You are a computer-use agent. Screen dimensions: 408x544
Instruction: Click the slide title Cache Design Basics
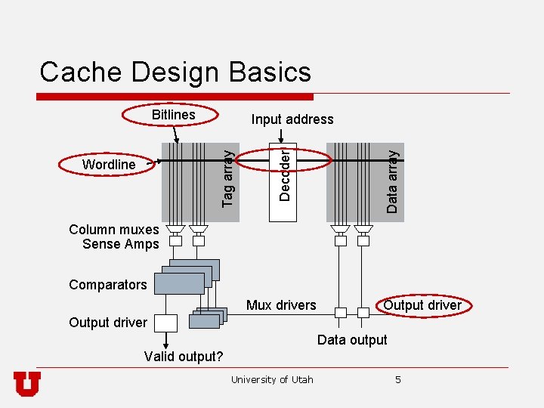click(175, 72)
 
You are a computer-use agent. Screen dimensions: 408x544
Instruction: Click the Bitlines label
click(173, 115)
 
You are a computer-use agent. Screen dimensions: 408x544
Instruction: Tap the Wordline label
click(109, 165)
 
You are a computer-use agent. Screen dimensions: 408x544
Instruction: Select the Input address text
click(292, 119)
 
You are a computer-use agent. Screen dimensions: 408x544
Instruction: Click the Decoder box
click(283, 174)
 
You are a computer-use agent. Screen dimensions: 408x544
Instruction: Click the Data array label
click(391, 179)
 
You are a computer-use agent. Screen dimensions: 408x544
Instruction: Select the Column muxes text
click(114, 230)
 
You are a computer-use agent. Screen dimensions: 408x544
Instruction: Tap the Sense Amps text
click(121, 244)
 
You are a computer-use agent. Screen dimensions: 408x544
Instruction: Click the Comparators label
click(107, 285)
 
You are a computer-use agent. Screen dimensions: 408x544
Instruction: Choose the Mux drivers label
click(281, 305)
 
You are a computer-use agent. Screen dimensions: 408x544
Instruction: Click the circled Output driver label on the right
click(422, 305)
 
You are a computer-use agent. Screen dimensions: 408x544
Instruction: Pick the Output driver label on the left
click(108, 323)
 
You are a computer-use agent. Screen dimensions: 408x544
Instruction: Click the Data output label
click(352, 340)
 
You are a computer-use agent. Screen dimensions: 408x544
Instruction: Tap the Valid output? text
click(184, 357)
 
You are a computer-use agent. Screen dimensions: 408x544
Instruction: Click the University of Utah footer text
click(272, 379)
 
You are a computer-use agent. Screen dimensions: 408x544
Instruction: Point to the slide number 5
click(398, 379)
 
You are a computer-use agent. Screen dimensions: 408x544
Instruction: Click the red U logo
click(27, 384)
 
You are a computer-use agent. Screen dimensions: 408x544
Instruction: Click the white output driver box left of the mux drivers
click(165, 323)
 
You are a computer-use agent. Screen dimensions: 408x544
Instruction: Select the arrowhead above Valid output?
click(165, 344)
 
